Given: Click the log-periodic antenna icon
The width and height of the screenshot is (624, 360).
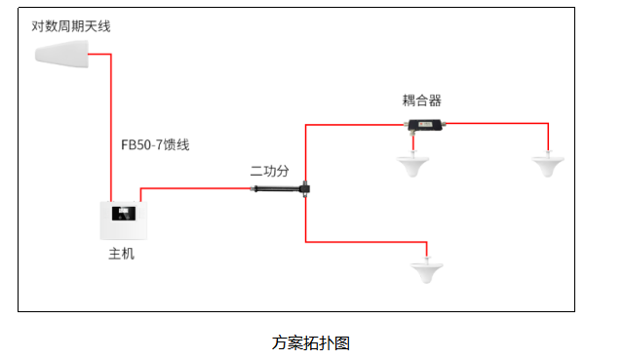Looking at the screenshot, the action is (61, 55).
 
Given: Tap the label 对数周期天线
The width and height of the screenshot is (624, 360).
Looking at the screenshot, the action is (71, 26).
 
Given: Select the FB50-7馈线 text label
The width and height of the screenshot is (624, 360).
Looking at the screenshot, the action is (155, 144).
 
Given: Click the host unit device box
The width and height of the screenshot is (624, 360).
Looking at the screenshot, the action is (124, 220).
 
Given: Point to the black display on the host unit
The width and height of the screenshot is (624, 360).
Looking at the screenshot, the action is (124, 214).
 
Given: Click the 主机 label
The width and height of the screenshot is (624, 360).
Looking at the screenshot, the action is (121, 254).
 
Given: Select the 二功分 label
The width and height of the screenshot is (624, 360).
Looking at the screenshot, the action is (269, 171).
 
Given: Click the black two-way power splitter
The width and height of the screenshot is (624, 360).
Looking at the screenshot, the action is (282, 188).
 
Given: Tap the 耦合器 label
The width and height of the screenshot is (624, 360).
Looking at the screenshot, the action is (422, 100).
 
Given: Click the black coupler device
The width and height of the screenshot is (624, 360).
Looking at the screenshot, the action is (425, 125).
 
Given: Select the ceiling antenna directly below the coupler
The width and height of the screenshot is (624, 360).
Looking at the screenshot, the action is (412, 164).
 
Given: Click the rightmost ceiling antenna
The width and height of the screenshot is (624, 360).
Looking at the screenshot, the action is (548, 164).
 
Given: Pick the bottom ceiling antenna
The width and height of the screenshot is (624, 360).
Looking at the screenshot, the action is (427, 270).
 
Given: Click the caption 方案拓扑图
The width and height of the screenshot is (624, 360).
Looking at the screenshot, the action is (311, 342).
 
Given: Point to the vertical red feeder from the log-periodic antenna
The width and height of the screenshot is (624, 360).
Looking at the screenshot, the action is (110, 128).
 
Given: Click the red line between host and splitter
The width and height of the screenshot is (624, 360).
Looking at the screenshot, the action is (195, 188).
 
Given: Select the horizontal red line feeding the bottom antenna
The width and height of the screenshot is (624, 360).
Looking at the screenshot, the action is (367, 242).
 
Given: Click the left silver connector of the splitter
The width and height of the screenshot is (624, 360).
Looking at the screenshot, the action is (253, 188).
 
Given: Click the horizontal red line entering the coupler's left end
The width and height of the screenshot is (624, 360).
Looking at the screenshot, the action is (354, 125).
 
